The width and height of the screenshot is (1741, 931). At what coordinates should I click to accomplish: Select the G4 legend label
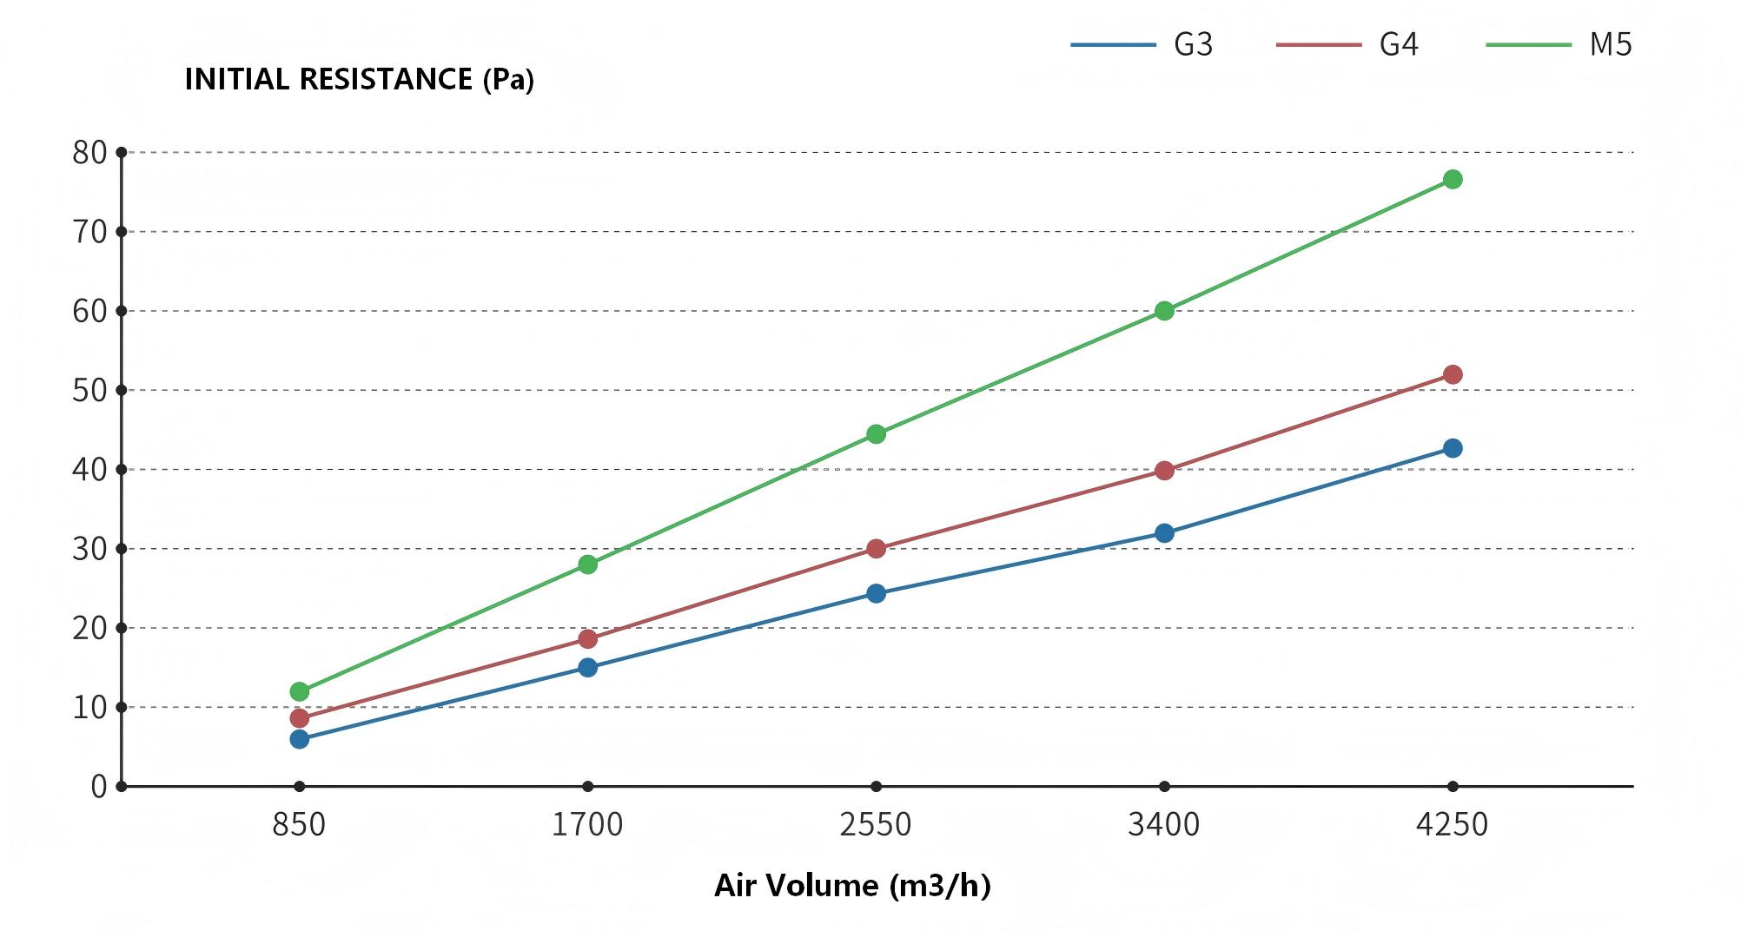click(x=1398, y=44)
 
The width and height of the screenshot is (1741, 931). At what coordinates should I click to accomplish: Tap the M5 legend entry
click(x=1610, y=44)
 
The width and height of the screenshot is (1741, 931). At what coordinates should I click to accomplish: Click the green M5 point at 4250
click(x=1452, y=180)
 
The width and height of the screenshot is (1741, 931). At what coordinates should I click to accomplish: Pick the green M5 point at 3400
click(x=1164, y=311)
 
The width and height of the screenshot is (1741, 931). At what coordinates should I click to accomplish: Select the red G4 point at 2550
click(x=876, y=549)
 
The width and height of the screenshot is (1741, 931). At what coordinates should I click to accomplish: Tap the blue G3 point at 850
click(x=300, y=739)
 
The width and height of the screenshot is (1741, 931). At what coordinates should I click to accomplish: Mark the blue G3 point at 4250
click(x=1452, y=448)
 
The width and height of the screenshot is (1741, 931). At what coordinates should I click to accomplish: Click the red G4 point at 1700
click(x=588, y=639)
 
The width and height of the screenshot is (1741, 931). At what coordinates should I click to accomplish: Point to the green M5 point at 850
click(x=300, y=692)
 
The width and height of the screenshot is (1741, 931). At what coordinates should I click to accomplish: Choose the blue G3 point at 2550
click(x=876, y=594)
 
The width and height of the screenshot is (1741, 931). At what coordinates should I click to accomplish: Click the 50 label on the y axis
click(x=90, y=391)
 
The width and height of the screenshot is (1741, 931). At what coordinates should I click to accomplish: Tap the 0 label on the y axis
click(x=99, y=787)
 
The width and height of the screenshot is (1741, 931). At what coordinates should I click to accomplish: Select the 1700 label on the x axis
click(x=588, y=824)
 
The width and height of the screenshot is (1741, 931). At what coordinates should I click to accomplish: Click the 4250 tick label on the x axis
click(x=1452, y=824)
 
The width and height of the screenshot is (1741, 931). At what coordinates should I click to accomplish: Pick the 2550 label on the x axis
click(x=876, y=824)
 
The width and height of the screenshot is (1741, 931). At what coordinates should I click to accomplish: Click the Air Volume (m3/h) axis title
click(x=852, y=886)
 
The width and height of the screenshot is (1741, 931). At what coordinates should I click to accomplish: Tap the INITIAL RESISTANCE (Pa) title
click(x=359, y=80)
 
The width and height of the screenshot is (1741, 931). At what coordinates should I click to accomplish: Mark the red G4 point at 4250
click(x=1452, y=375)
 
